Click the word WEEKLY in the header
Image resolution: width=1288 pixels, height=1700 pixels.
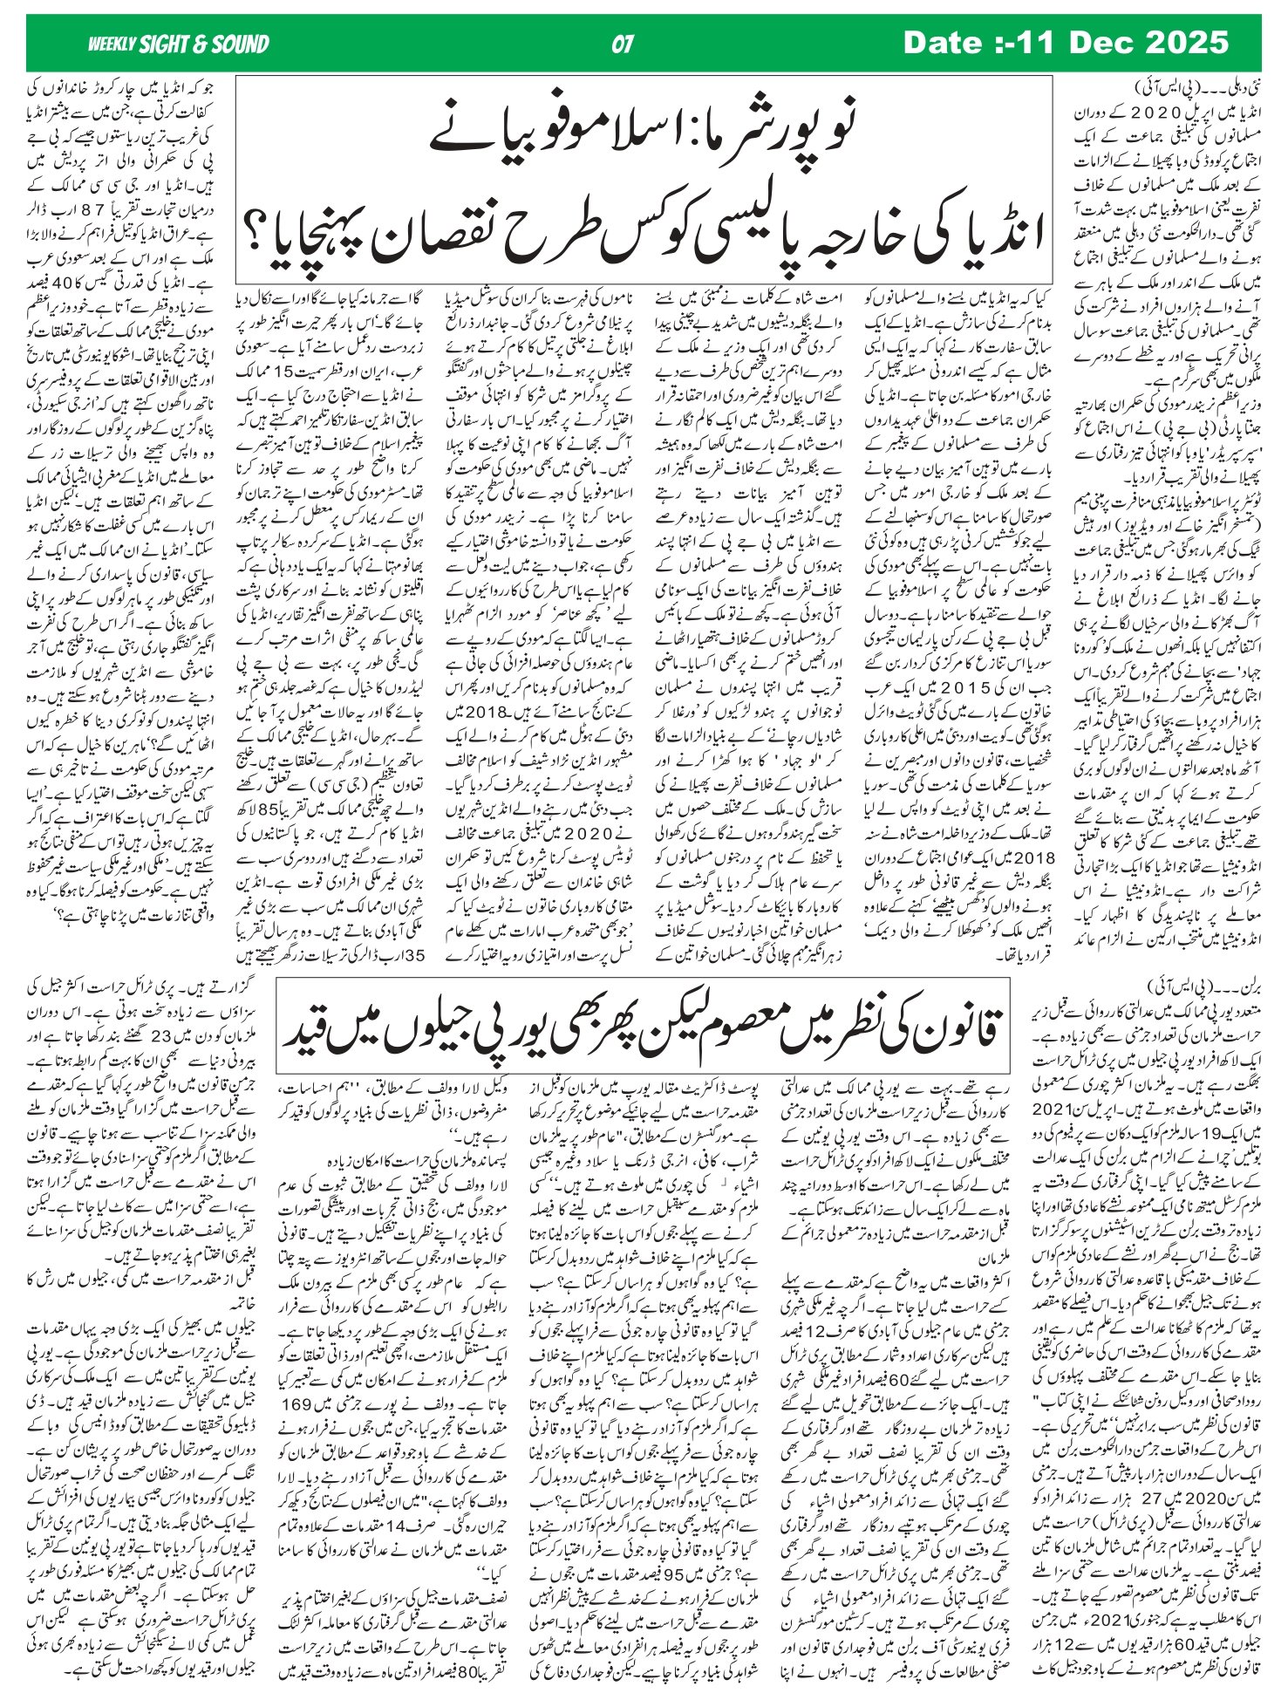click(111, 44)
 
